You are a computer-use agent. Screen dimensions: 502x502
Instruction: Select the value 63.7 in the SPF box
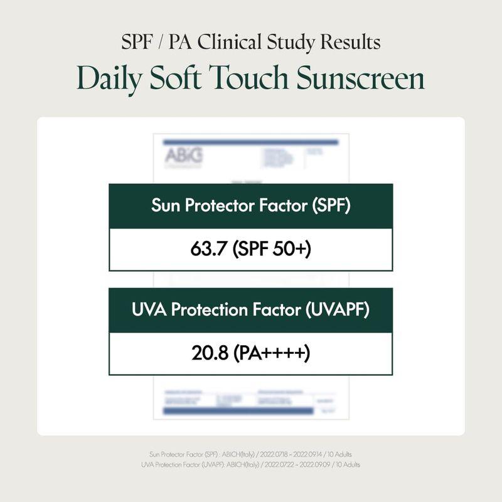[209, 250]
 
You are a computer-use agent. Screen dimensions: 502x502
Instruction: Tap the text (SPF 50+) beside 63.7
[272, 250]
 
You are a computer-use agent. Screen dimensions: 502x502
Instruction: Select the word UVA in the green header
[147, 310]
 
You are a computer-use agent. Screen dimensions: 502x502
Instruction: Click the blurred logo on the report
[183, 156]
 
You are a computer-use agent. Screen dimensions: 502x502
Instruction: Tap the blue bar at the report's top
[250, 142]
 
